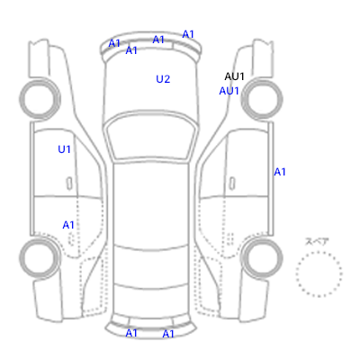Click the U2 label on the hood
[163, 79]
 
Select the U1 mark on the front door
[64, 149]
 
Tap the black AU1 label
[234, 76]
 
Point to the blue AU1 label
[229, 91]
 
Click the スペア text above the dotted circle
[317, 242]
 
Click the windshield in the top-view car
[151, 137]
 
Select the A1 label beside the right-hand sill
[280, 172]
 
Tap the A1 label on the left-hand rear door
[68, 225]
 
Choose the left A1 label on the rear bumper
[131, 333]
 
